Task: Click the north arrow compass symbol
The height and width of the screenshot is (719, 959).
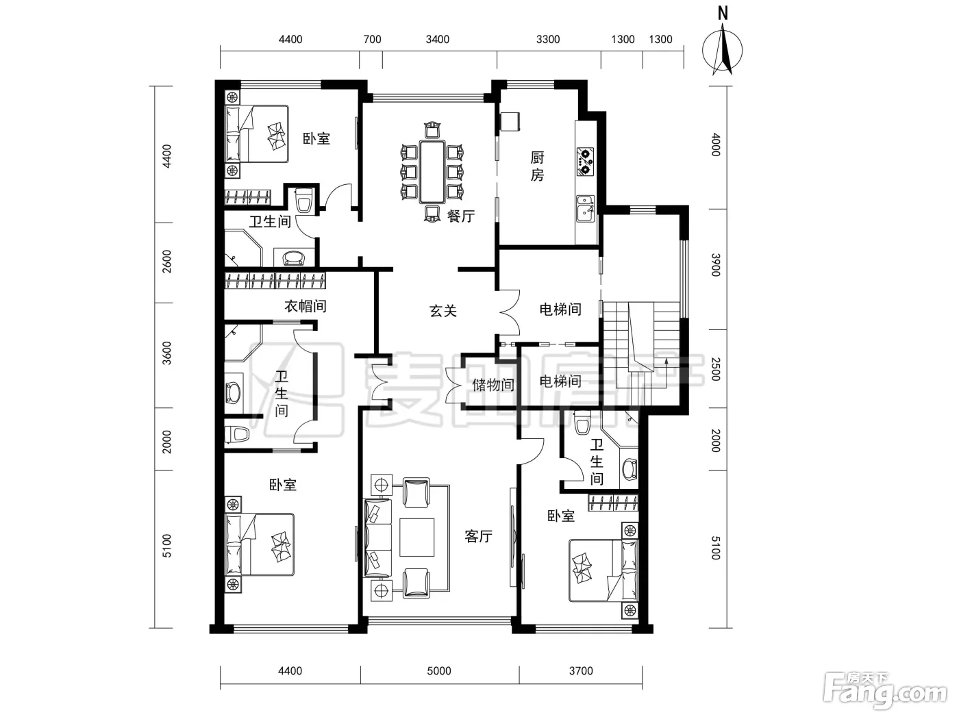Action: [722, 49]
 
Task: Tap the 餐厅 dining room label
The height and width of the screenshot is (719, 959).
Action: [461, 216]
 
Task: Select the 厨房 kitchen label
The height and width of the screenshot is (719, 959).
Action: [537, 166]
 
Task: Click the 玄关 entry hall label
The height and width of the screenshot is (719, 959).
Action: [443, 311]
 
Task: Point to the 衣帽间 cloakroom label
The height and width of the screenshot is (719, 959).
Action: [306, 306]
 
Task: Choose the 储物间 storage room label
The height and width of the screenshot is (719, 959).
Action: [493, 385]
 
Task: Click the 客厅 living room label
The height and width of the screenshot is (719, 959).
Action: [478, 536]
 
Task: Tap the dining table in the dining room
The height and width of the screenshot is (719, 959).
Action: [432, 172]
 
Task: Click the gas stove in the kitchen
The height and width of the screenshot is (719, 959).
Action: [585, 162]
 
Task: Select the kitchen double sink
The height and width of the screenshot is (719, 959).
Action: [585, 209]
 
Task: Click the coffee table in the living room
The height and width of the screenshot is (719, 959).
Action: [416, 537]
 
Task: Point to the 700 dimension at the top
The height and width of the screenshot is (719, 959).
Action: [372, 39]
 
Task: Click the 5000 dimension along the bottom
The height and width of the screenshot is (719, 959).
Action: [439, 671]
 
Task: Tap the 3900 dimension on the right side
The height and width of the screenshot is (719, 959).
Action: [715, 264]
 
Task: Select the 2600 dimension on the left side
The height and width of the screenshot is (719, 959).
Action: [167, 262]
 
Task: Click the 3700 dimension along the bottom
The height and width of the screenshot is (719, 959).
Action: [581, 671]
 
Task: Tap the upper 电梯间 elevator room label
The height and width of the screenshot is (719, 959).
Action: [560, 310]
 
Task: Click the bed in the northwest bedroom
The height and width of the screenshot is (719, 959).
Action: [257, 134]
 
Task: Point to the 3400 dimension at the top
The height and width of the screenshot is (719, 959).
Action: [438, 39]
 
